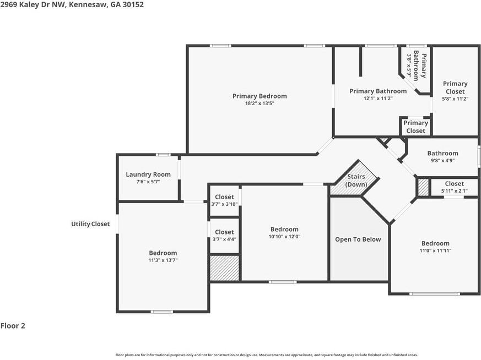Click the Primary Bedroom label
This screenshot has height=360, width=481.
(260, 96)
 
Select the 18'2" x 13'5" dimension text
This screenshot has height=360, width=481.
(260, 103)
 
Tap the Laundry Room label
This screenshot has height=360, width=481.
(148, 174)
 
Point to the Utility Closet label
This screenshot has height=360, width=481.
(90, 224)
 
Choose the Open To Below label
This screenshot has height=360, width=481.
(358, 239)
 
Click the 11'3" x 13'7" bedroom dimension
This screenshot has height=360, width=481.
(163, 260)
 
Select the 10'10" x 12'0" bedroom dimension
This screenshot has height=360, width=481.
(284, 237)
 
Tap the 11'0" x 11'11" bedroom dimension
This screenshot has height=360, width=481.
(435, 250)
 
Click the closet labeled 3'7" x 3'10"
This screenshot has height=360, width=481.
(224, 201)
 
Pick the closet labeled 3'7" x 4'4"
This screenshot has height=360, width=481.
(224, 236)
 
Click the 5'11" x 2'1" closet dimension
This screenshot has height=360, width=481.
(455, 191)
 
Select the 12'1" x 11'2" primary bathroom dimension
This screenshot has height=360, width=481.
(378, 99)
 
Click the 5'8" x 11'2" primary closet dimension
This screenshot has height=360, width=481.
(455, 99)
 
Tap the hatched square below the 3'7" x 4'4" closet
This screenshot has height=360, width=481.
(225, 268)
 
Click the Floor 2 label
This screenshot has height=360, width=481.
(13, 326)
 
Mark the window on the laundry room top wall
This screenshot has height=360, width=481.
(163, 155)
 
